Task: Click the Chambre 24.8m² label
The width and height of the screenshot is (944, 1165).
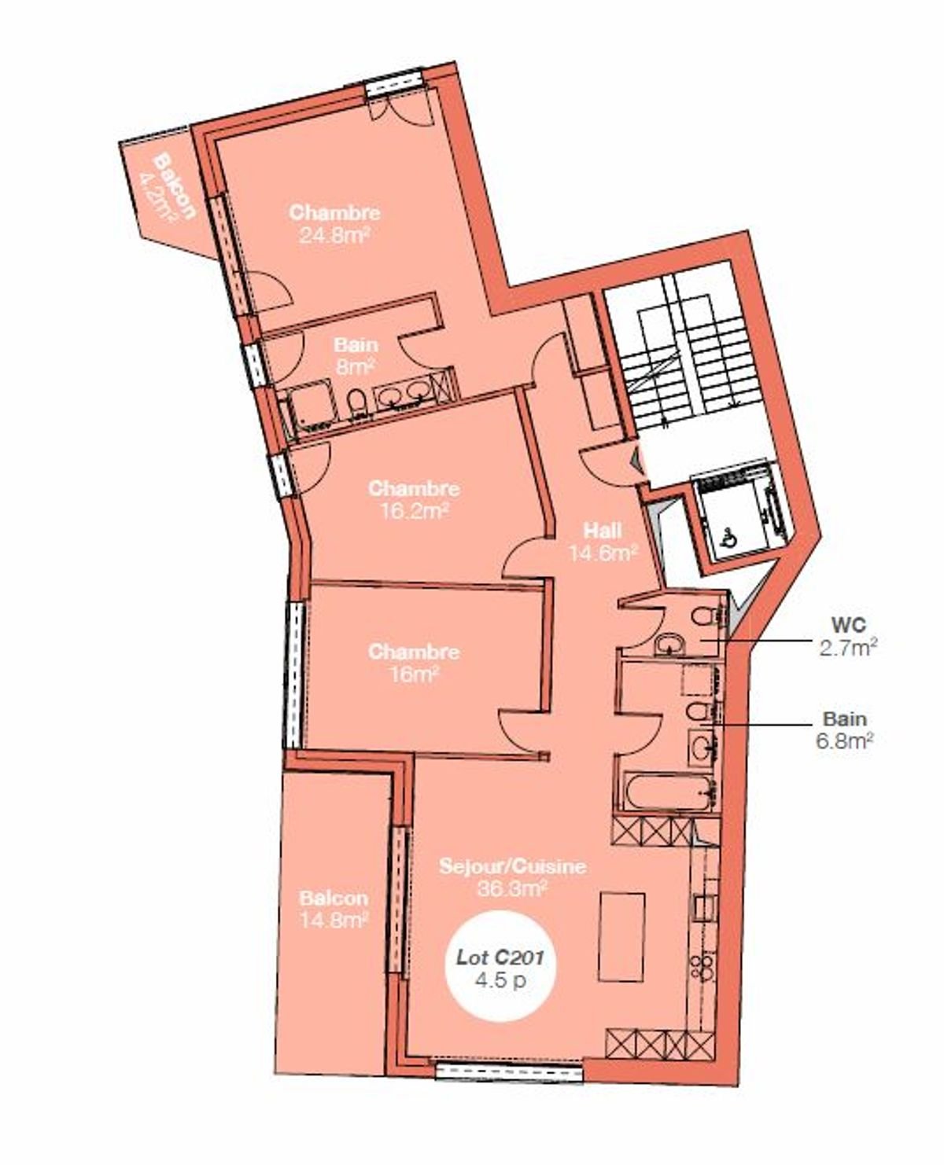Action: [x=334, y=223]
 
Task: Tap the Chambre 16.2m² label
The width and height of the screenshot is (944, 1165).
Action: [x=414, y=499]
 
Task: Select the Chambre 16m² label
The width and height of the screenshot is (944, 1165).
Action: [x=414, y=663]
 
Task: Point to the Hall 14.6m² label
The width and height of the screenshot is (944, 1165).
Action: [x=603, y=541]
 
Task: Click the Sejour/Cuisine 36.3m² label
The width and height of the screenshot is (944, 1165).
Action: [x=512, y=877]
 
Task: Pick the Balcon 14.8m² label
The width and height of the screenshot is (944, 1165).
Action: [x=334, y=909]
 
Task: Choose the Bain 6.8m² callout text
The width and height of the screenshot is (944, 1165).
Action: [x=845, y=730]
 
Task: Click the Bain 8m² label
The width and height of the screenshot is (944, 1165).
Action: [x=355, y=355]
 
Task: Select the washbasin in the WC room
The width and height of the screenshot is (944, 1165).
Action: [x=669, y=645]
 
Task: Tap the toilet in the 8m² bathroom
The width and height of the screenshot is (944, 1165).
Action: [x=356, y=402]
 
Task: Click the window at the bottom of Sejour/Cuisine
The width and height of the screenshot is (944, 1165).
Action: [x=509, y=1070]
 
